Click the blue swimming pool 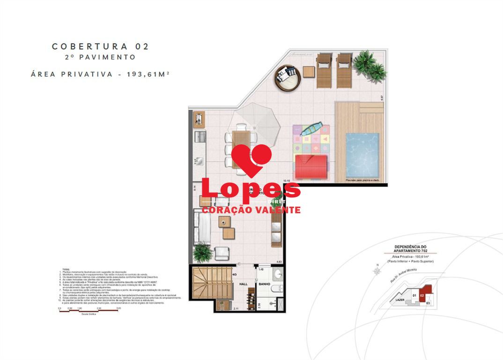(362, 154)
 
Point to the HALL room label (244, 284)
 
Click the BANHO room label (264, 284)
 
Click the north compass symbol (376, 270)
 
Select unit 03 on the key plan (428, 303)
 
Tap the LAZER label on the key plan (399, 299)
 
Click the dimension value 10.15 (287, 180)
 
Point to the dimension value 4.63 (279, 262)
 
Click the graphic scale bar (89, 311)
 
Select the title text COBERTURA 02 (100, 46)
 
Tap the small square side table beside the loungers (309, 72)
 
